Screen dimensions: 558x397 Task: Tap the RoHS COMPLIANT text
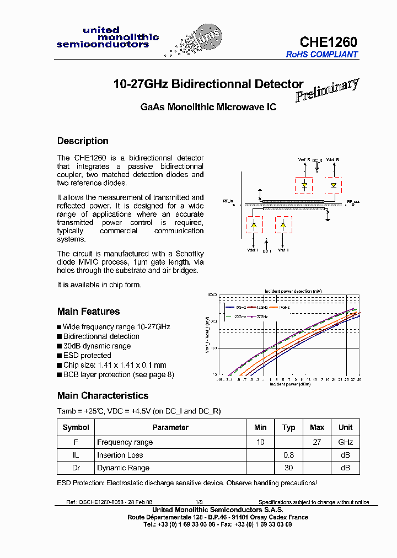pyautogui.click(x=321, y=55)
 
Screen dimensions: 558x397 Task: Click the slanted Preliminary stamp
pyautogui.click(x=327, y=90)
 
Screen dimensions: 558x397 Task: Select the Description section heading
pyautogui.click(x=83, y=141)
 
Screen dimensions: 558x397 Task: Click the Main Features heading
pyautogui.click(x=88, y=312)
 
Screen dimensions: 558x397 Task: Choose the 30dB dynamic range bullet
pyautogui.click(x=96, y=346)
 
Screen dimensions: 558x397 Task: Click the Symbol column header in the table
pyautogui.click(x=76, y=427)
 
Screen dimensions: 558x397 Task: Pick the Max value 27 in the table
pyautogui.click(x=317, y=442)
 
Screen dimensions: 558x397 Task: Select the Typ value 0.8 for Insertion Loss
pyautogui.click(x=288, y=455)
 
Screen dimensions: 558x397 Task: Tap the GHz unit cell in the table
pyautogui.click(x=345, y=442)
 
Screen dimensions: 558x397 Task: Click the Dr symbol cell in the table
pyautogui.click(x=76, y=468)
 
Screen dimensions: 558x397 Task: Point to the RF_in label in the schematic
pyautogui.click(x=228, y=201)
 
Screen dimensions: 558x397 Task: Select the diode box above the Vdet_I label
pyautogui.click(x=254, y=225)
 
